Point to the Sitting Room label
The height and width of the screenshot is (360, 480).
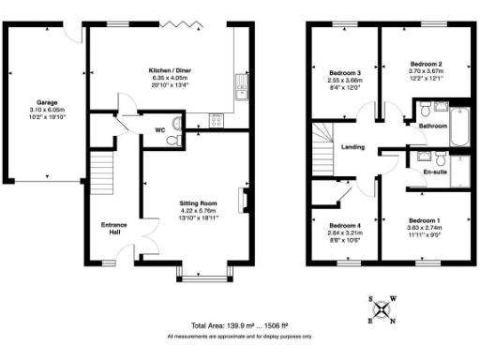[198, 202]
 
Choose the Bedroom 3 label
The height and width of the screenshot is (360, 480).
[344, 71]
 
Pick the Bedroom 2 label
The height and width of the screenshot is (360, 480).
[426, 64]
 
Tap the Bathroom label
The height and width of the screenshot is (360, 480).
[432, 125]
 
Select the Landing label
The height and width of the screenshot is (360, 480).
[353, 147]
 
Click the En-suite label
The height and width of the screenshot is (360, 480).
[434, 172]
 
